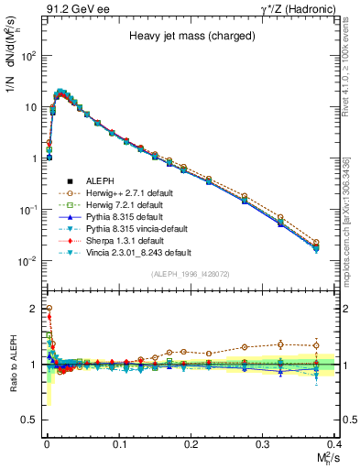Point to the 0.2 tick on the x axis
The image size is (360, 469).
point(191,443)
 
